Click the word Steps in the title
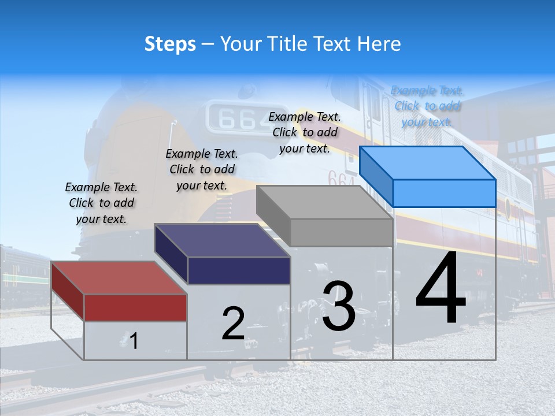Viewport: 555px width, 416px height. click(x=170, y=44)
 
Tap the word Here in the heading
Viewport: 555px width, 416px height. click(x=379, y=44)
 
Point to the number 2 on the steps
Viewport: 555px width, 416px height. click(x=233, y=324)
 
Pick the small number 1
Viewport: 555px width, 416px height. click(x=134, y=341)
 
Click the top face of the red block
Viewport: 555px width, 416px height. click(x=119, y=278)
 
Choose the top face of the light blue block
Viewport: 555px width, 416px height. click(x=427, y=163)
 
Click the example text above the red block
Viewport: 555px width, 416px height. click(x=102, y=203)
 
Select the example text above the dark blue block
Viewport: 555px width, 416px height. click(x=202, y=169)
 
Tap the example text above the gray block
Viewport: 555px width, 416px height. click(x=305, y=132)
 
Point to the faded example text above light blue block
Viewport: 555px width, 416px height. click(x=427, y=106)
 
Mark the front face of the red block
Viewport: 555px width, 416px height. click(x=135, y=307)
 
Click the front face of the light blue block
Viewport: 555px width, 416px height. click(x=444, y=193)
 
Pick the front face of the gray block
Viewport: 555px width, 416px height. click(x=341, y=232)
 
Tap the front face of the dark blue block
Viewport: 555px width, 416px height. click(x=239, y=270)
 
